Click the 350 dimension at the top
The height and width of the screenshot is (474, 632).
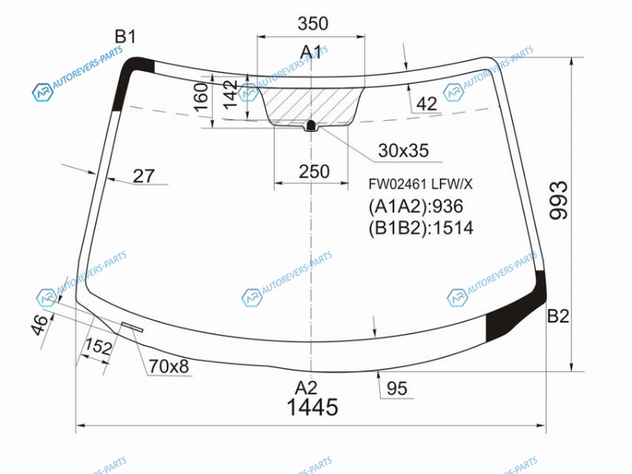pyautogui.click(x=313, y=24)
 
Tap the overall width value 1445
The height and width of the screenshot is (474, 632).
pyautogui.click(x=312, y=407)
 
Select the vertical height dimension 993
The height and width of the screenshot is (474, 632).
pyautogui.click(x=559, y=201)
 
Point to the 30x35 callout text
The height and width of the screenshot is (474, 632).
pyautogui.click(x=403, y=150)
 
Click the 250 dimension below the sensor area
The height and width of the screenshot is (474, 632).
pyautogui.click(x=314, y=171)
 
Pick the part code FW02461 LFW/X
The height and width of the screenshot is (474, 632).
pyautogui.click(x=420, y=184)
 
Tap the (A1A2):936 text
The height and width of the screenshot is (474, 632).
pyautogui.click(x=416, y=206)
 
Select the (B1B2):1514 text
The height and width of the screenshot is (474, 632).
pyautogui.click(x=421, y=228)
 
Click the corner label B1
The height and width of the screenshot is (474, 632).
pyautogui.click(x=126, y=36)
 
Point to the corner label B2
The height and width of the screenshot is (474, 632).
pyautogui.click(x=559, y=316)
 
